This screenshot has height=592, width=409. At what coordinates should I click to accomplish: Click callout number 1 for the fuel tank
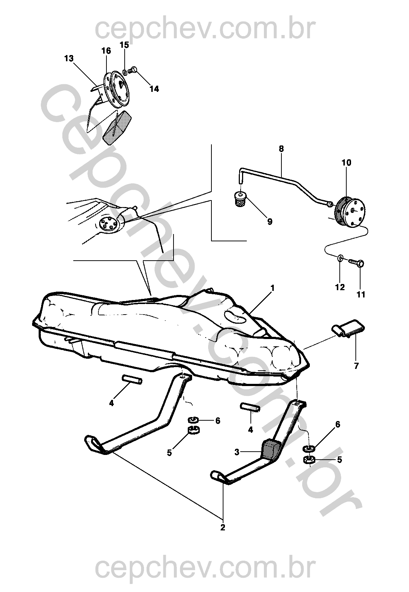click(272, 288)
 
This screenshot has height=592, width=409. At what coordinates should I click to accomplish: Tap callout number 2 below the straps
click(223, 527)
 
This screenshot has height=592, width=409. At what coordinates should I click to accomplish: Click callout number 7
click(356, 366)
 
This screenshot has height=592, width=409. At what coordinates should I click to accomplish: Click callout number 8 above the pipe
click(281, 149)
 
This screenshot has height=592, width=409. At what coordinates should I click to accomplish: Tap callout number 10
click(346, 163)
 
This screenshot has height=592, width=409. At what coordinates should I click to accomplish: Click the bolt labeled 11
click(358, 263)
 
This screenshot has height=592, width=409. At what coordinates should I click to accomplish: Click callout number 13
click(69, 58)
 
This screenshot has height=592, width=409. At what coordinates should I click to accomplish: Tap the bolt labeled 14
click(133, 69)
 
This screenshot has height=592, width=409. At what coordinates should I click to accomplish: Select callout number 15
click(124, 45)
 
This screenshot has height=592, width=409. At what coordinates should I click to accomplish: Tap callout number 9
click(269, 221)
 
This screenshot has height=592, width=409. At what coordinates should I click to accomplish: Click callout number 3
click(237, 452)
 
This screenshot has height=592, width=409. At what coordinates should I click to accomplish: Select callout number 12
click(340, 288)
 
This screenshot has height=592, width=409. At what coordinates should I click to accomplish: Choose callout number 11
click(361, 294)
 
